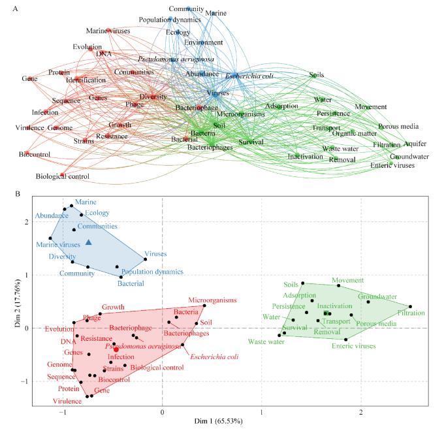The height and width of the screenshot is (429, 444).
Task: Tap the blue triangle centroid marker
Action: pos(89,242)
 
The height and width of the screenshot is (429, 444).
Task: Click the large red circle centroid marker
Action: pos(116,349)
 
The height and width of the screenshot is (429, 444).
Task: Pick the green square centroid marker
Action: pos(326,313)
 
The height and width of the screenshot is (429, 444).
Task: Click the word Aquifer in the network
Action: pos(415,144)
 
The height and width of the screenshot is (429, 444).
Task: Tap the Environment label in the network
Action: pos(203,42)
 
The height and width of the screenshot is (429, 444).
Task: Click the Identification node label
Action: pos(86,80)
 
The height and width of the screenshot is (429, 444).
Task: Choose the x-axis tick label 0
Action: pos(163,413)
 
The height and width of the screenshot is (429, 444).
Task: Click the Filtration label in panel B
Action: pos(411,313)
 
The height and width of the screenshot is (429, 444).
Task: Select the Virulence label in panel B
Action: pos(67,401)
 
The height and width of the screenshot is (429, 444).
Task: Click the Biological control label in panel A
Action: pos(62,176)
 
